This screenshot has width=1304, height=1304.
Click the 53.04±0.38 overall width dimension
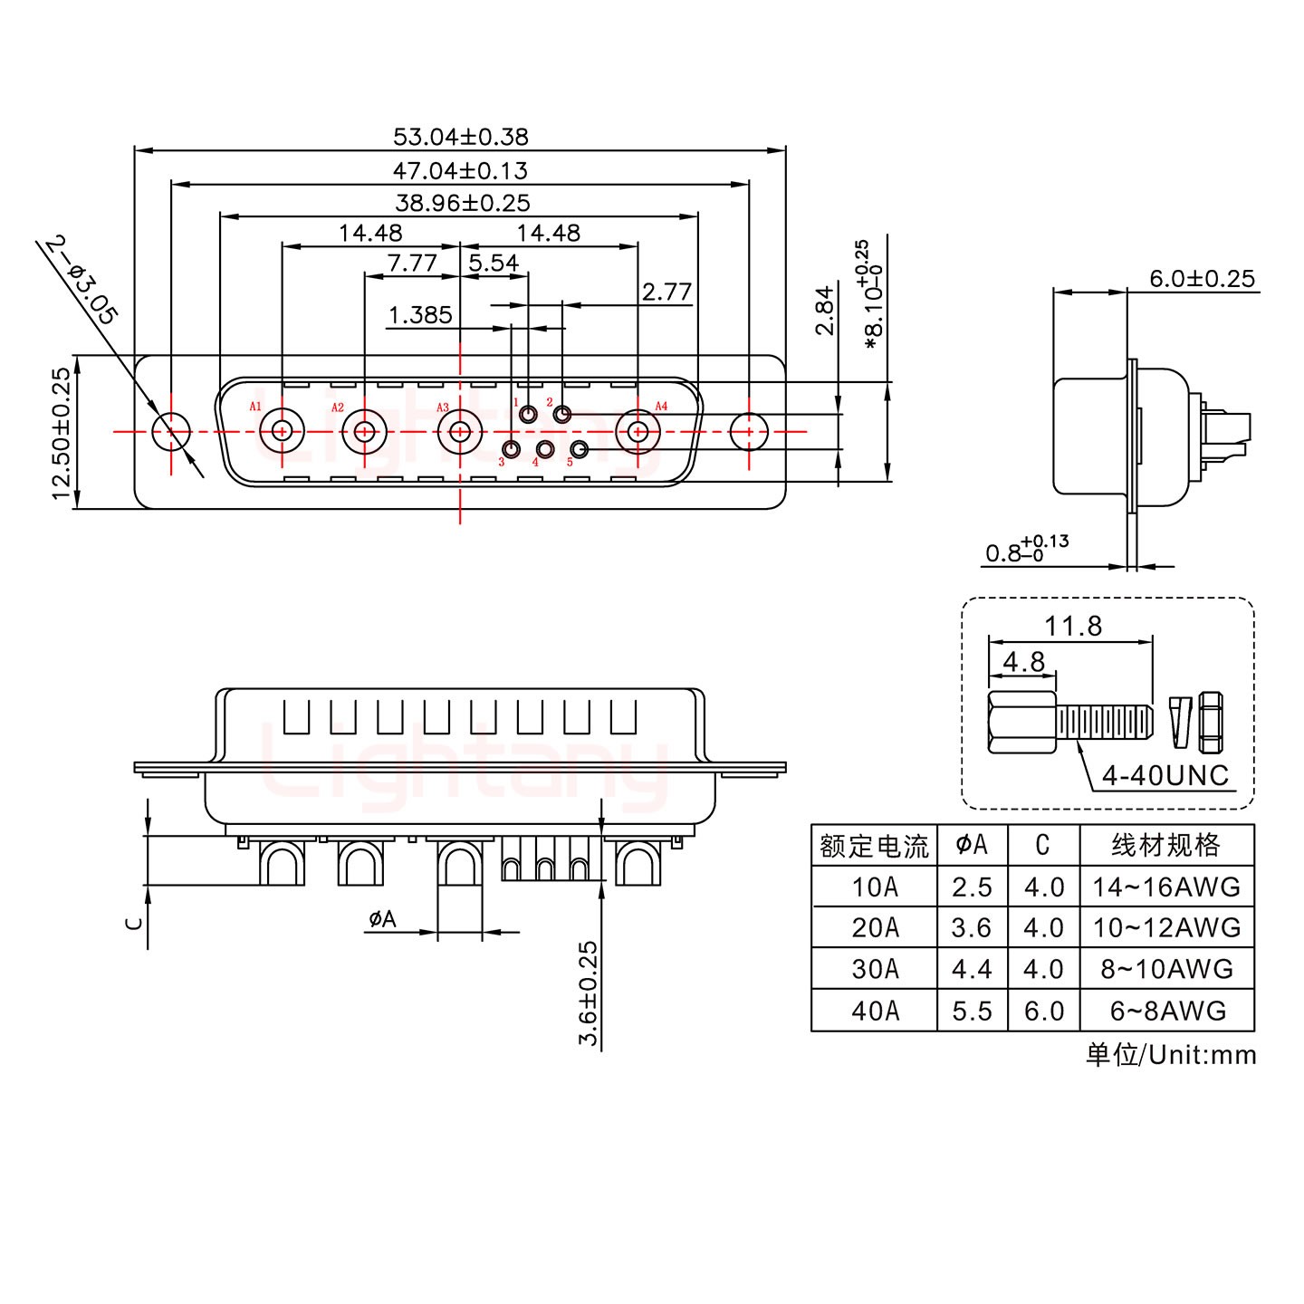[460, 137]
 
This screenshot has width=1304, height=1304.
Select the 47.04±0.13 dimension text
[460, 170]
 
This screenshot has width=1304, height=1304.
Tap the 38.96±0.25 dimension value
[462, 203]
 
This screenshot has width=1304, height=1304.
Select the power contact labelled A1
[282, 431]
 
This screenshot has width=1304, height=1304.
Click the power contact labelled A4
[638, 431]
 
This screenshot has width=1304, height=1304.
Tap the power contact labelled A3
[460, 431]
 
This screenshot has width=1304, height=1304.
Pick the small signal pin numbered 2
[562, 416]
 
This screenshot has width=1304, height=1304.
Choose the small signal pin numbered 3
[512, 449]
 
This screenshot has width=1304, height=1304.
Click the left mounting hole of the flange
[170, 432]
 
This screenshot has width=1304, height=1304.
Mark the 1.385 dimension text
[419, 315]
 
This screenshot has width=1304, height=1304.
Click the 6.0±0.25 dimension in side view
[1202, 278]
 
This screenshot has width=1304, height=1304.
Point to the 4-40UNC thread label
[1165, 775]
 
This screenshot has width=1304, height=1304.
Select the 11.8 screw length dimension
[1073, 626]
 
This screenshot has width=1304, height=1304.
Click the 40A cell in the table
[874, 1010]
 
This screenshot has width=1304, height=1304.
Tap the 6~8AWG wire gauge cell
[1167, 1010]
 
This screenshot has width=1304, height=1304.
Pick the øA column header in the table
[972, 845]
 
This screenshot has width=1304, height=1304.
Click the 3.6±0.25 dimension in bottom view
[590, 993]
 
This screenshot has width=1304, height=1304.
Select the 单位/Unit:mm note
[1170, 1054]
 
